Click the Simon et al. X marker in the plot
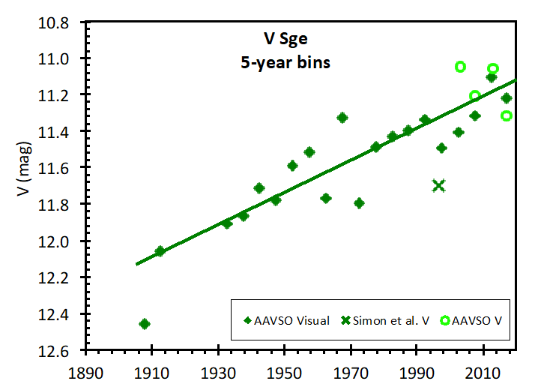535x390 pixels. pyautogui.click(x=438, y=185)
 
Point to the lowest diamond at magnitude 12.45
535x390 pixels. pyautogui.click(x=145, y=324)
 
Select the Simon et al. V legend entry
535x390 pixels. pyautogui.click(x=387, y=321)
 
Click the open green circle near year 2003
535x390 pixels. pyautogui.click(x=460, y=67)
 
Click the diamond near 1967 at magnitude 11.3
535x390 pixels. pyautogui.click(x=342, y=118)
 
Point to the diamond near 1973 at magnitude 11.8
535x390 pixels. pyautogui.click(x=359, y=203)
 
